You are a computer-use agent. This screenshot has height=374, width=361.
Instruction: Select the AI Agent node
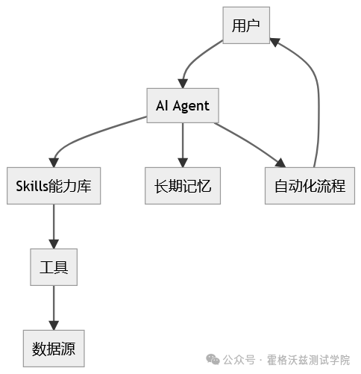pos(183,107)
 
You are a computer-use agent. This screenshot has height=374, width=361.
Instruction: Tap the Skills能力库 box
pos(54,186)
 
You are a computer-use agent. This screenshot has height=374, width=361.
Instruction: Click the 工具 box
pos(54,267)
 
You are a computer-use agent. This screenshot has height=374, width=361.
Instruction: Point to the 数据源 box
pos(54,347)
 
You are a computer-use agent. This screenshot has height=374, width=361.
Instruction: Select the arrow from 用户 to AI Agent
pos(192,61)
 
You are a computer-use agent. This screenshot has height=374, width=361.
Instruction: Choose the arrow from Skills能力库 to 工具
pos(54,226)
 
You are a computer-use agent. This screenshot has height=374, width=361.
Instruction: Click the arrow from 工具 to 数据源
pos(54,306)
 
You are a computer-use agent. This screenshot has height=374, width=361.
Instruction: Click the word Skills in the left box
pos(32,186)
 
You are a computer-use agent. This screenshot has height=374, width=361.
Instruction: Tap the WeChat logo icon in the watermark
pos(213,359)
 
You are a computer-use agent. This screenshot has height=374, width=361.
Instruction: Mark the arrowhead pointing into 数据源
pos(54,323)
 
